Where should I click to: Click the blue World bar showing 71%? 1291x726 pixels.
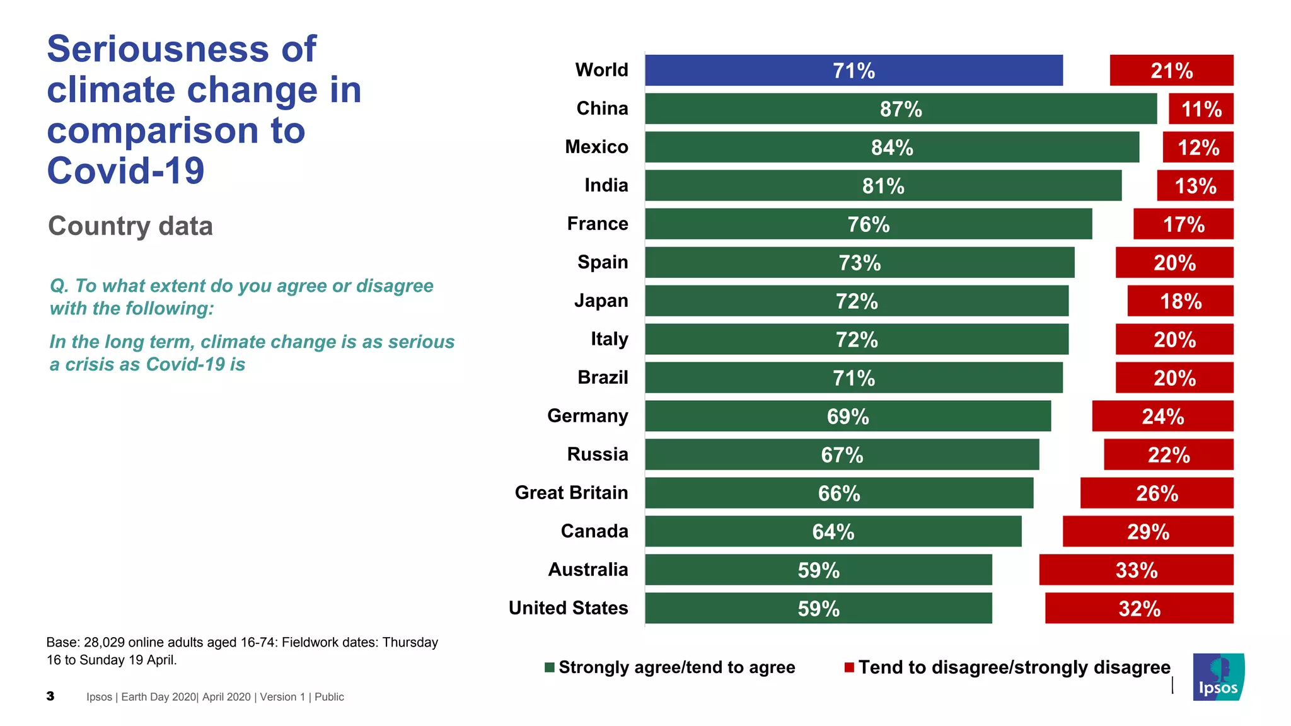pos(854,70)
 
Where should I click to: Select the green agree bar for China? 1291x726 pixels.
pos(901,108)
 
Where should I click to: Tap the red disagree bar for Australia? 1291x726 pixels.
pos(1136,570)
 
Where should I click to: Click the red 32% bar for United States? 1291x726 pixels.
pos(1139,608)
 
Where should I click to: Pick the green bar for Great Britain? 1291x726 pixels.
pos(839,493)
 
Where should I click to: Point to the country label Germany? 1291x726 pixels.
pos(588,416)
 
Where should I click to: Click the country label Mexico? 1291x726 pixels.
pos(596,147)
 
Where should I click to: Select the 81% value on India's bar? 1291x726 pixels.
pos(883,186)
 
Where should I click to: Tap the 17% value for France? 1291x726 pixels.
pos(1183,224)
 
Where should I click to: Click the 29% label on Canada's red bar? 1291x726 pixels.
pos(1148,532)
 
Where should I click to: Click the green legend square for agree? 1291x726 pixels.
pos(550,667)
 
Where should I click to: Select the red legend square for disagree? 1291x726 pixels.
pos(849,667)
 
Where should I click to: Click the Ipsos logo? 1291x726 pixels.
pos(1219,677)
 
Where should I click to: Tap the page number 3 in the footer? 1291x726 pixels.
pos(50,696)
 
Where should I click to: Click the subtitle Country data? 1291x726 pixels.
pos(130,226)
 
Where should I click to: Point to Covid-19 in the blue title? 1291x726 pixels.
pos(126,171)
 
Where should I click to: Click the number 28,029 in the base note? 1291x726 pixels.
pos(104,642)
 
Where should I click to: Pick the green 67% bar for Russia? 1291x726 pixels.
pos(842,454)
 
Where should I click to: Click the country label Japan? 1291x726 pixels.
pos(601,301)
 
